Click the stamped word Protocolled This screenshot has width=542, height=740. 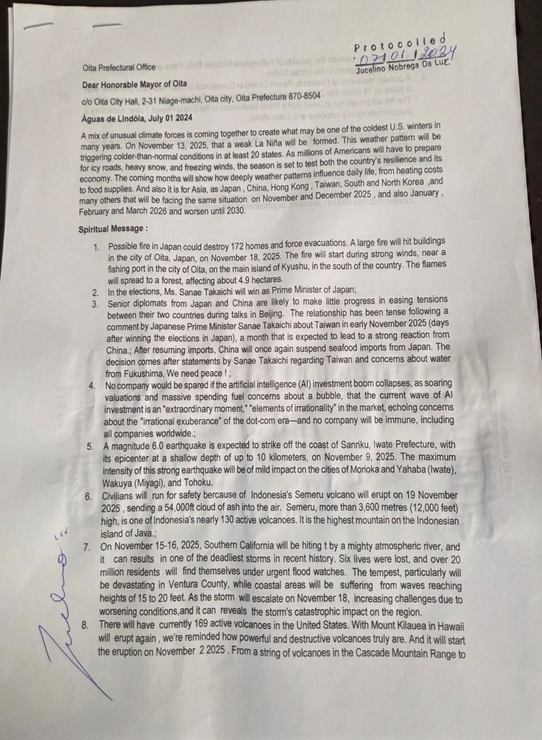point(400,42)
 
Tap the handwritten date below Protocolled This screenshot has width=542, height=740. point(405,56)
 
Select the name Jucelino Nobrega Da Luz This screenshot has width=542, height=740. point(405,69)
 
